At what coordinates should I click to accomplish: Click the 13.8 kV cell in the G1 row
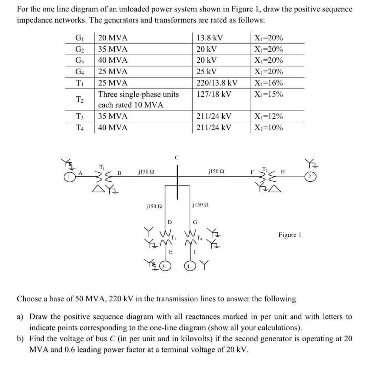click(x=210, y=38)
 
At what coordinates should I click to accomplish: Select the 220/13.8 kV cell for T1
click(x=217, y=83)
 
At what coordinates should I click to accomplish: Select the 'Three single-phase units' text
click(x=138, y=94)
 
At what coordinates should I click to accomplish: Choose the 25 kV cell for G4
click(x=207, y=72)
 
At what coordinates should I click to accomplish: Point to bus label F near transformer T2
click(x=252, y=172)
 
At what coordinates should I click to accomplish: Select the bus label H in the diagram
click(x=283, y=171)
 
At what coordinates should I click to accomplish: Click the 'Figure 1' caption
click(x=290, y=235)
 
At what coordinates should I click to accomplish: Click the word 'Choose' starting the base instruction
click(x=30, y=298)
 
